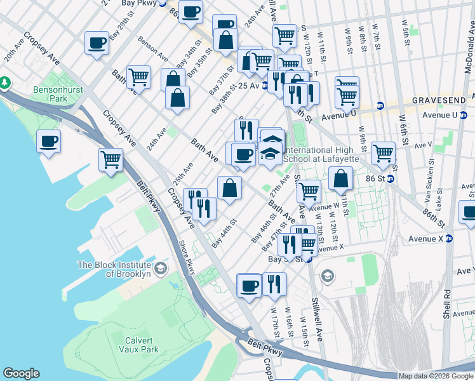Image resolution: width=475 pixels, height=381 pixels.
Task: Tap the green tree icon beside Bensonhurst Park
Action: point(4,83)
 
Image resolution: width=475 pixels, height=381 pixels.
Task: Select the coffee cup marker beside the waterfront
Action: point(48,142)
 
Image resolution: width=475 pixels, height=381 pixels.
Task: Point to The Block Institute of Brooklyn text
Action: point(114,269)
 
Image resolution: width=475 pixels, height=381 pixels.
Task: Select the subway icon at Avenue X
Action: point(449,239)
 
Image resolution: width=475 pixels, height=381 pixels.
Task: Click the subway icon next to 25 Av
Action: point(264,86)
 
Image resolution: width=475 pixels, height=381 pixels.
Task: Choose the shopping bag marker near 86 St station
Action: point(341,179)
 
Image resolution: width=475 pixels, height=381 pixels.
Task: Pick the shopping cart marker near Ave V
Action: point(384,153)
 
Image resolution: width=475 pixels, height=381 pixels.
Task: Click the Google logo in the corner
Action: point(21,373)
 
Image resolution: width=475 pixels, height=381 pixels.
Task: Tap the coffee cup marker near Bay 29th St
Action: point(97,43)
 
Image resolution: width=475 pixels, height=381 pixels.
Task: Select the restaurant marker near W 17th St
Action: point(274,283)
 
